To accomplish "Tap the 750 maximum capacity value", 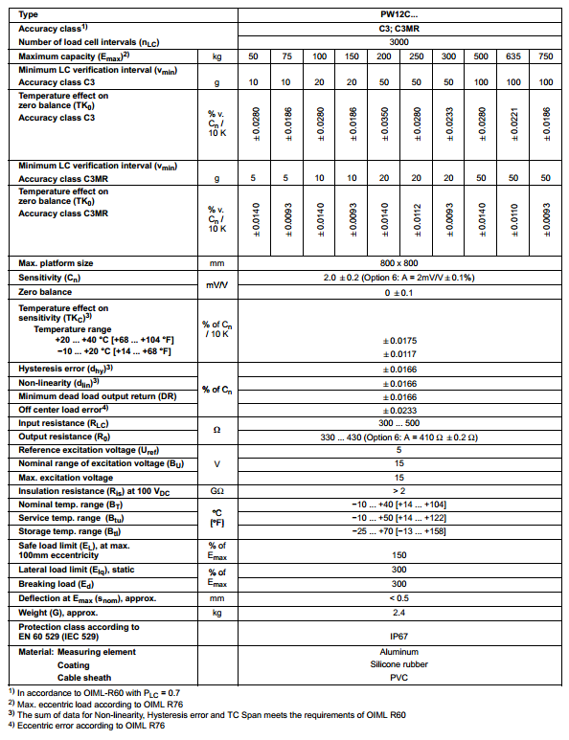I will pos(546,56).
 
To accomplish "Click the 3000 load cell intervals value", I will pos(398,43).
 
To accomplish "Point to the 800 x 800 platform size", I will pos(398,262).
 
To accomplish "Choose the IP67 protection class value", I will pos(398,634).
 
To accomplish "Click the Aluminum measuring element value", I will pos(398,651).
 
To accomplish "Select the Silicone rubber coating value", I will pos(398,663).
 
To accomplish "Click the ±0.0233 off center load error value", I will pos(398,410).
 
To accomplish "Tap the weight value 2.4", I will pos(398,612).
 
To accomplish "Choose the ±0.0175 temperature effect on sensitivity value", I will pos(398,341).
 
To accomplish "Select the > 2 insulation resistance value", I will pos(398,491).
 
